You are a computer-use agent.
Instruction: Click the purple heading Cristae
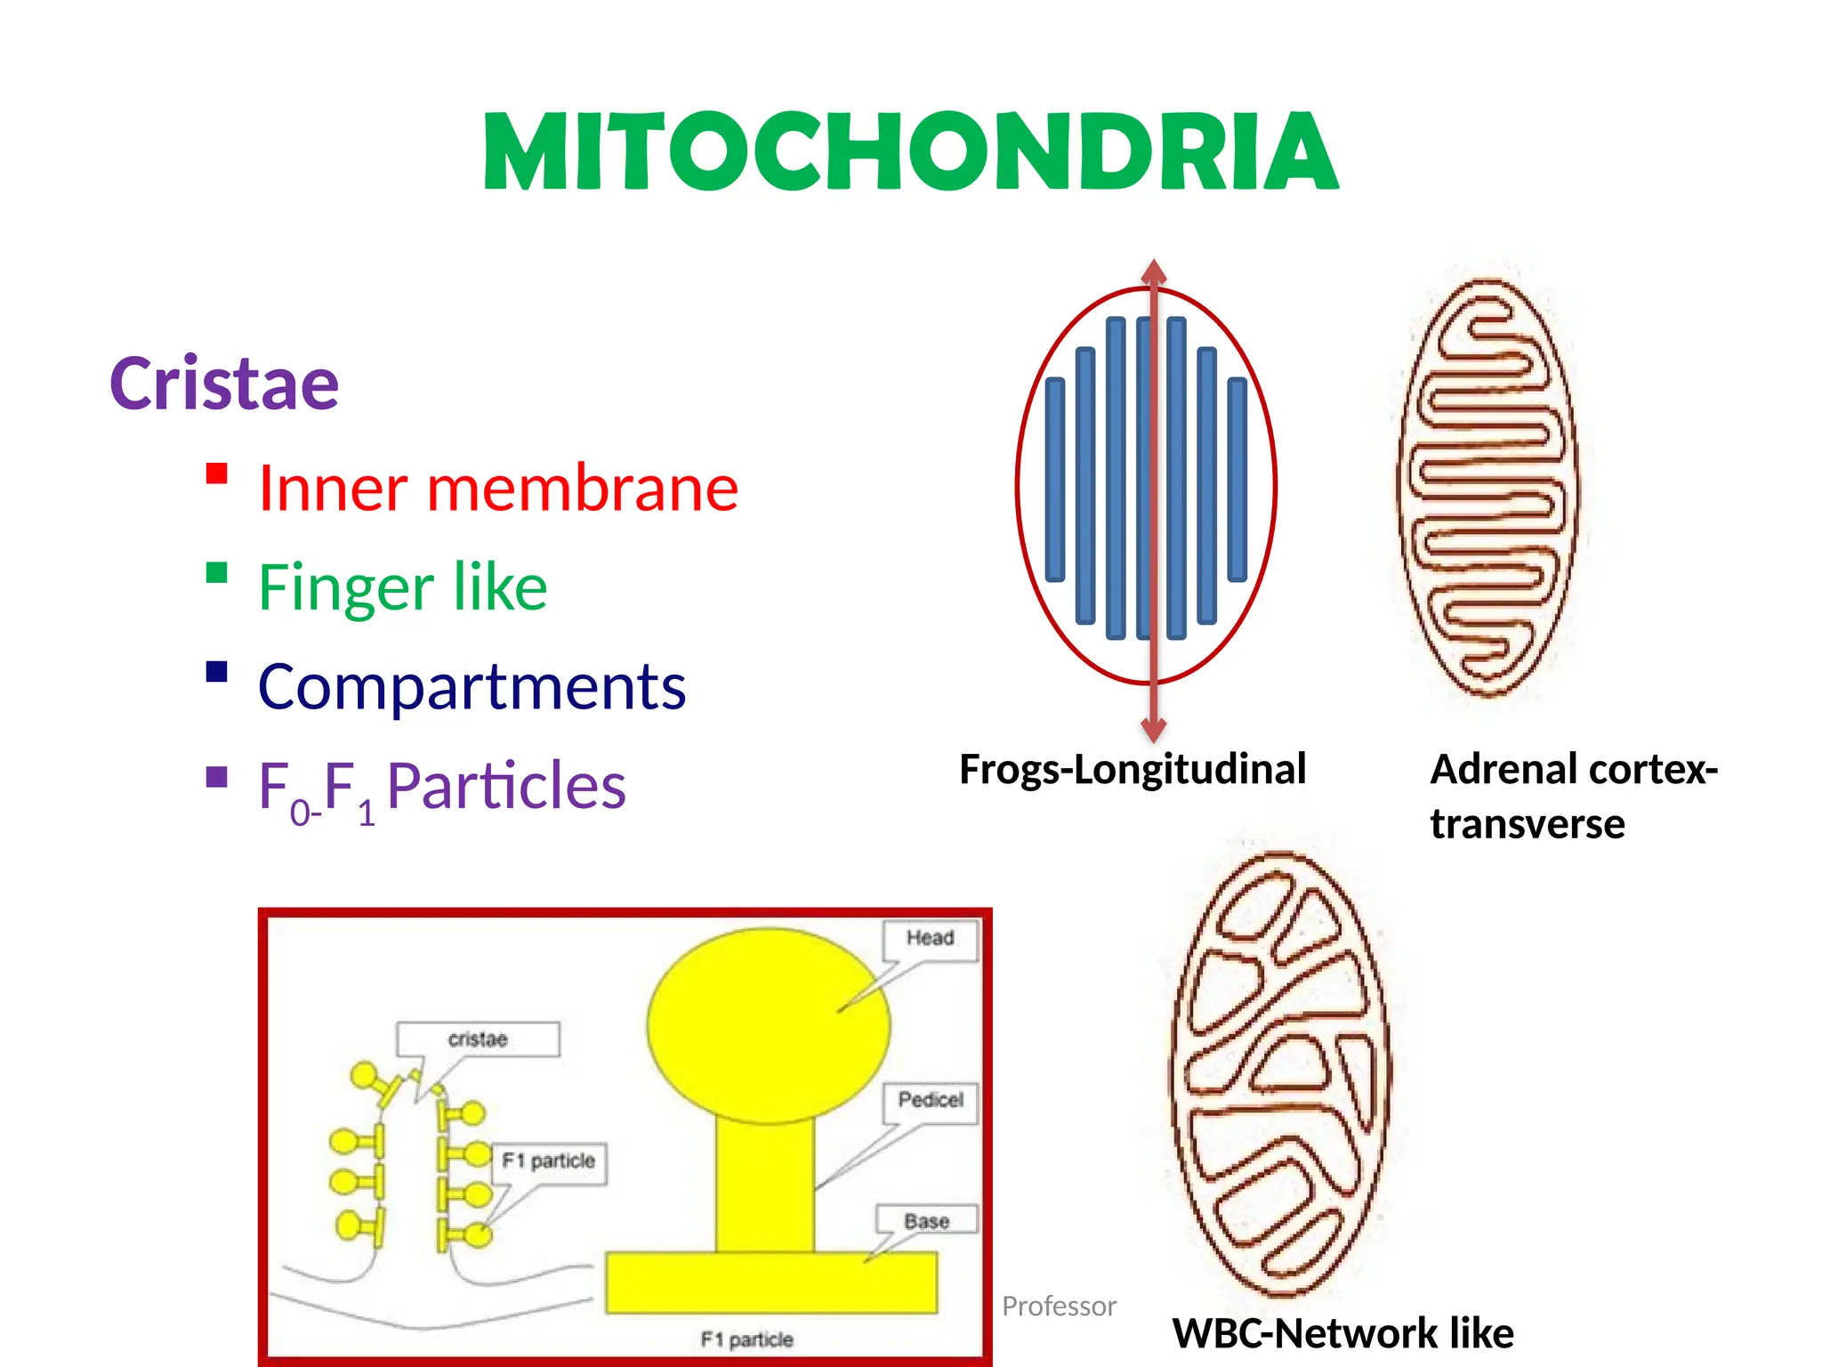(224, 384)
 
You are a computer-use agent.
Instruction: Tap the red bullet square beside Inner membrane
(216, 473)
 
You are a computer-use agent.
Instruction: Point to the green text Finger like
(402, 587)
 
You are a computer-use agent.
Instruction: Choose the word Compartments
(472, 687)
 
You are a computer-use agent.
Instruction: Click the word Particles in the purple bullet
(506, 786)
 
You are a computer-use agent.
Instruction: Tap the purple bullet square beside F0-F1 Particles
(216, 778)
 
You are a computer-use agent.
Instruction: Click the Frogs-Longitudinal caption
(1132, 769)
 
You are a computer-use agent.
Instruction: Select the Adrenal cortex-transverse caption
(1573, 796)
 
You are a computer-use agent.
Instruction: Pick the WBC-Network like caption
(1342, 1333)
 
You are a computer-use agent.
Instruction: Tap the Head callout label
(930, 938)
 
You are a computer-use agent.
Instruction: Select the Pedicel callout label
(931, 1100)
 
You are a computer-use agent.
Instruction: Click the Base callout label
(926, 1221)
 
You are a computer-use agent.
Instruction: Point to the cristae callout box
(478, 1039)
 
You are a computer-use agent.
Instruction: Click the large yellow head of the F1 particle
(767, 1023)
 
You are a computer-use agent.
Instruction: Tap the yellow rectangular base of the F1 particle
(770, 1282)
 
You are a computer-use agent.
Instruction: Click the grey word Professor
(1059, 1306)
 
